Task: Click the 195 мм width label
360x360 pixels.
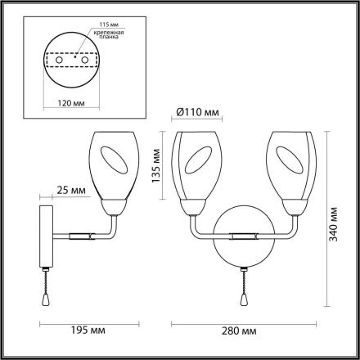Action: [x=86, y=331]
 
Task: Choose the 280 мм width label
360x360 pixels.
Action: [x=241, y=331]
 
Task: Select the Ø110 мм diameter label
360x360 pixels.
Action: [x=196, y=114]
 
